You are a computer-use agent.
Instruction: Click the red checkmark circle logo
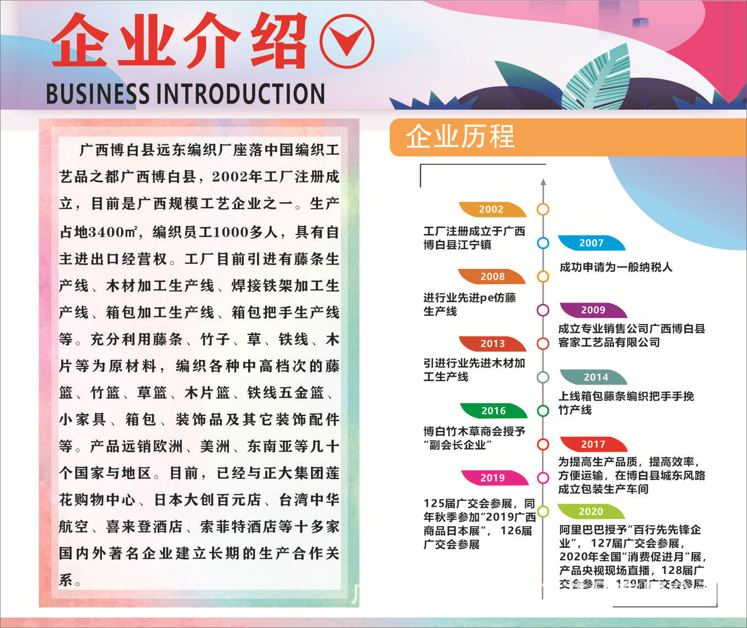pos(347,41)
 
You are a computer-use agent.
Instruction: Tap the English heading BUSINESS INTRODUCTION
pos(185,94)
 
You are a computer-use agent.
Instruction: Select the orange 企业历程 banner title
pos(460,137)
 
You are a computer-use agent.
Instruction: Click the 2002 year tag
pos(491,209)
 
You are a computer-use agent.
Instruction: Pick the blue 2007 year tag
pos(591,243)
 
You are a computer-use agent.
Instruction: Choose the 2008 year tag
pos(492,277)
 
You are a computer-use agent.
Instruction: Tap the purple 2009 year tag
pos(593,310)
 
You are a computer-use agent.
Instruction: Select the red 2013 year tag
pos(492,344)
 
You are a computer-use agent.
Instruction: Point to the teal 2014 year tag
pos(595,377)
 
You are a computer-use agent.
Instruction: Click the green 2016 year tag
pos(493,411)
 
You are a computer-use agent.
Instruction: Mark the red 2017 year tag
pos(593,445)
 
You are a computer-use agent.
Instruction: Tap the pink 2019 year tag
pos(492,478)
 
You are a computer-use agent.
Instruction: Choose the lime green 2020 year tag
pos(590,512)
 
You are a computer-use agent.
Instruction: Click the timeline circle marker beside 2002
pos(543,209)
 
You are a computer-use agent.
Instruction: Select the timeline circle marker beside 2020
pos(543,512)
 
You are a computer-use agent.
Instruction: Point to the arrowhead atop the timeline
pos(543,181)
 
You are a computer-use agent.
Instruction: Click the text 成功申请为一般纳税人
pos(616,268)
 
